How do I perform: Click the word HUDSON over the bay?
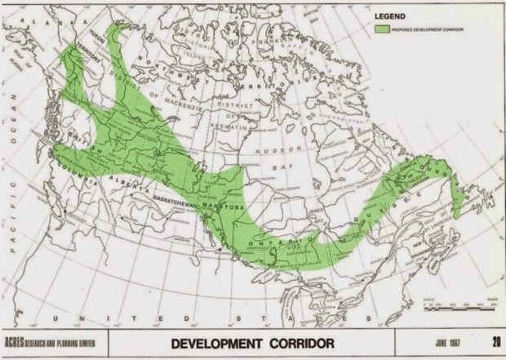point(277,150)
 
